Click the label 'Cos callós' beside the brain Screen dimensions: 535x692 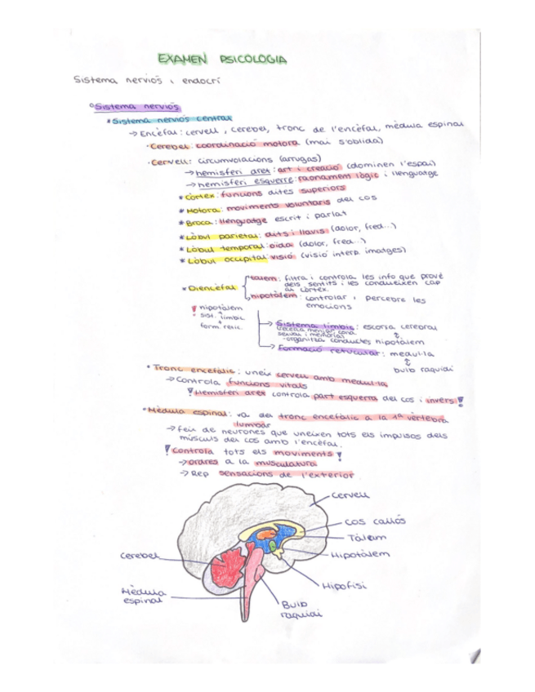[x=375, y=521]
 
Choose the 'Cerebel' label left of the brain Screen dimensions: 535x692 [x=137, y=556]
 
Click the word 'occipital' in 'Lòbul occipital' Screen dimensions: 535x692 [x=239, y=259]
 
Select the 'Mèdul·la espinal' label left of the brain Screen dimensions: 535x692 [x=141, y=595]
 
